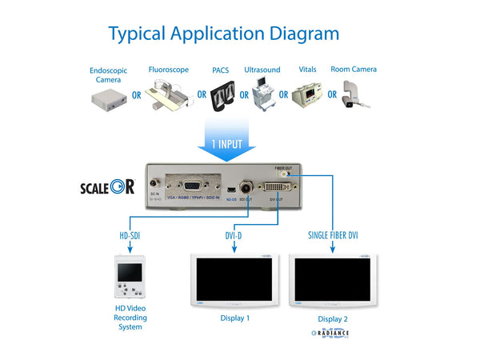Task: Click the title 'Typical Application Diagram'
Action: click(x=223, y=34)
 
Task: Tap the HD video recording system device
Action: click(x=130, y=278)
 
